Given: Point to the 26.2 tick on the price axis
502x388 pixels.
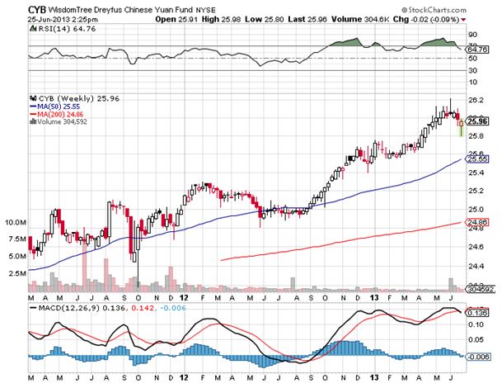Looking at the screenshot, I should pyautogui.click(x=472, y=99).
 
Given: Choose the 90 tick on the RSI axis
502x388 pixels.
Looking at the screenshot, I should pyautogui.click(x=471, y=35).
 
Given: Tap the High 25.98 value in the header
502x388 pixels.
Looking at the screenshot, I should pyautogui.click(x=262, y=17).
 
